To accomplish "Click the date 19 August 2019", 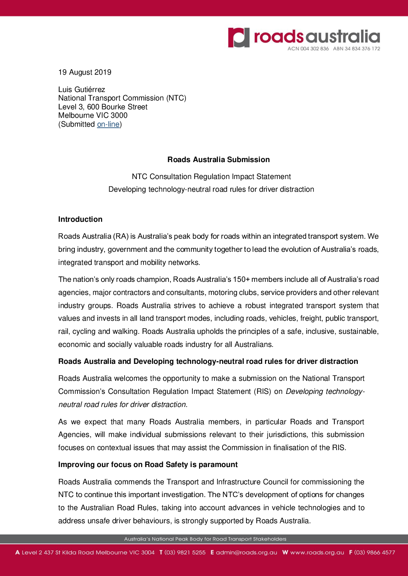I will tap(84, 72).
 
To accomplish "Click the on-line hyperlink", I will tap(108, 124).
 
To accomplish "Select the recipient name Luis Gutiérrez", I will tap(81, 90).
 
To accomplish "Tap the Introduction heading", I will tap(80, 219).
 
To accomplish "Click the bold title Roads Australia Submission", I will tap(218, 160).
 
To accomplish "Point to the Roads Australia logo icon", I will tap(238, 37).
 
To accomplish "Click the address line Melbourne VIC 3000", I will tap(93, 116).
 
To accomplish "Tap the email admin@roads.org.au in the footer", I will tap(246, 553).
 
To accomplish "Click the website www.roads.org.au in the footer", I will tap(317, 553).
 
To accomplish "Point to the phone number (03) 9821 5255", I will tap(185, 553).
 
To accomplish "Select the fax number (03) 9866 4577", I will tap(374, 553).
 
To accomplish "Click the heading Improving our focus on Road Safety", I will tap(148, 465).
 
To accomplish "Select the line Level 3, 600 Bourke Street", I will tap(103, 107).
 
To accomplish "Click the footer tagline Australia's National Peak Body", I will tap(205, 539).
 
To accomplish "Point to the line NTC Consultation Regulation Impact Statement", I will tap(211, 177).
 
